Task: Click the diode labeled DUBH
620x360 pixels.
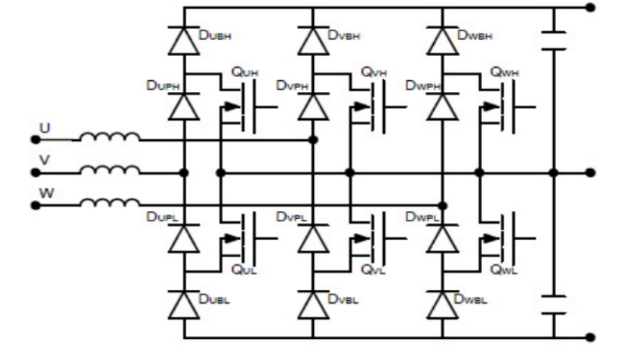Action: click(185, 39)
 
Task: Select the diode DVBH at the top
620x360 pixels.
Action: click(313, 39)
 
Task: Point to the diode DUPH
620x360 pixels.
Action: click(185, 104)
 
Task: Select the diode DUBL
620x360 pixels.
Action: click(185, 302)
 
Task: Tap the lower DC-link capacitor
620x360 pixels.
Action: click(552, 303)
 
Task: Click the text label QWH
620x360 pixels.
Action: click(504, 72)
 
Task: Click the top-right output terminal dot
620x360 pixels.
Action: click(590, 8)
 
